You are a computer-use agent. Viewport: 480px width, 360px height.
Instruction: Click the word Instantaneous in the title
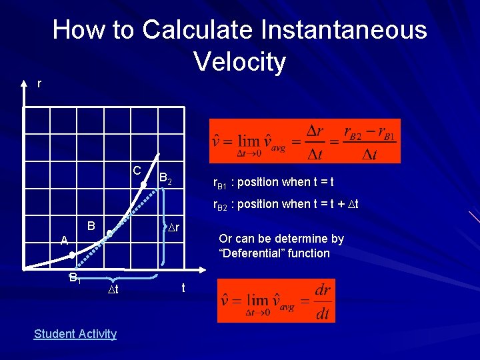(x=345, y=30)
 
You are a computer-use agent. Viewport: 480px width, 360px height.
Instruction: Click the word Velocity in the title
(x=240, y=62)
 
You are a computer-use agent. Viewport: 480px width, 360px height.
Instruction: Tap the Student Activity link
(x=75, y=334)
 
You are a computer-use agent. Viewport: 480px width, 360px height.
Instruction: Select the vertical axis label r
(x=39, y=83)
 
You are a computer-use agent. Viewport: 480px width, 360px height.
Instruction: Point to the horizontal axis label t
(x=183, y=288)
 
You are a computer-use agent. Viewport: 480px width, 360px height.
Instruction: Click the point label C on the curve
(x=136, y=170)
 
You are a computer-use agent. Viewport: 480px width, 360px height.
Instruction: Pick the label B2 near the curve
(x=166, y=179)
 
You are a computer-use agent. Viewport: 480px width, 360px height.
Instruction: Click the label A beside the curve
(x=64, y=240)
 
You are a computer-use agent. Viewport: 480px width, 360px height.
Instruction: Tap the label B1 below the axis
(x=75, y=278)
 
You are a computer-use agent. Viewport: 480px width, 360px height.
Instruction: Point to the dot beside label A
(x=73, y=255)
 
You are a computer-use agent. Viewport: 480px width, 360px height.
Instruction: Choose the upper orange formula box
(x=305, y=141)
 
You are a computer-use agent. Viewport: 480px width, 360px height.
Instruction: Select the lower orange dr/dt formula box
(x=276, y=301)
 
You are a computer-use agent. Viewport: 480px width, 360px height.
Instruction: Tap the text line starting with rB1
(x=273, y=182)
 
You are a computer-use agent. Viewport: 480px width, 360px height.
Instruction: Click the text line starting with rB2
(x=285, y=204)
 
